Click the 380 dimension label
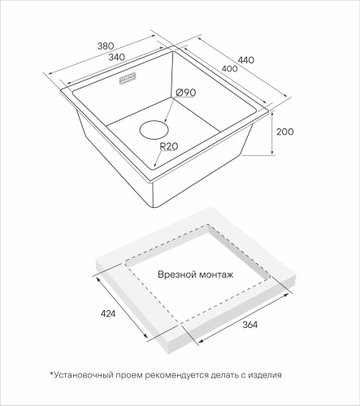[106, 46]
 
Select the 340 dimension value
[117, 58]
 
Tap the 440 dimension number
[246, 60]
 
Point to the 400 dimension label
[229, 69]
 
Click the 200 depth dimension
[285, 132]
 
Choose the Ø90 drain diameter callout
[186, 93]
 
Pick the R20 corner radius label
[169, 146]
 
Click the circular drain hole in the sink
[154, 130]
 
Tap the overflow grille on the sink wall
[128, 80]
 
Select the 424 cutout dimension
[108, 313]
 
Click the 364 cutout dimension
[249, 325]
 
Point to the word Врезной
[177, 275]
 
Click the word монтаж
[216, 275]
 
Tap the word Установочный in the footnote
[84, 375]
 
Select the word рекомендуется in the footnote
[177, 375]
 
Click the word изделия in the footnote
[265, 375]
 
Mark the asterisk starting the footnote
[51, 374]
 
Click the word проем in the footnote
[129, 376]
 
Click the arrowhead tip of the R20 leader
[154, 167]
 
